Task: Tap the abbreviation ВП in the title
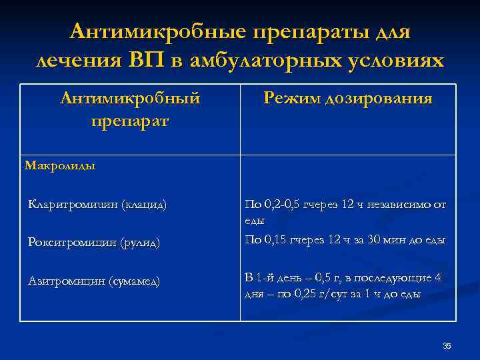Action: [x=155, y=60]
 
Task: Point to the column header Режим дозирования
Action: [x=348, y=99]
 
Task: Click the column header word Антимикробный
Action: [x=130, y=99]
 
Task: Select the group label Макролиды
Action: [x=60, y=165]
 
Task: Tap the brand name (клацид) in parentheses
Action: [x=143, y=204]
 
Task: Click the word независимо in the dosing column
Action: [x=400, y=204]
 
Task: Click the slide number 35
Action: [x=447, y=345]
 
